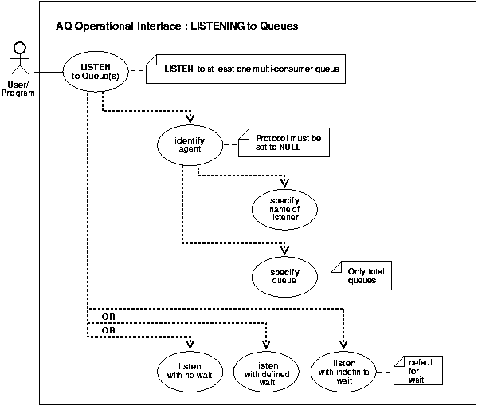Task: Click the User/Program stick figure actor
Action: (x=18, y=61)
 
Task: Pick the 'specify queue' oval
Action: (x=284, y=276)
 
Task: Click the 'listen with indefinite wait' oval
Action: (x=343, y=370)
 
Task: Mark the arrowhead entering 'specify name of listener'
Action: (x=284, y=180)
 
